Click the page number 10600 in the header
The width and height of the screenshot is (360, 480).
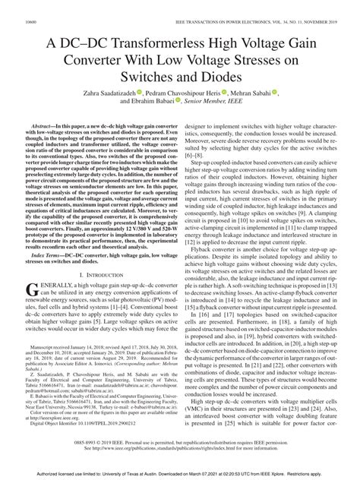31,24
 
